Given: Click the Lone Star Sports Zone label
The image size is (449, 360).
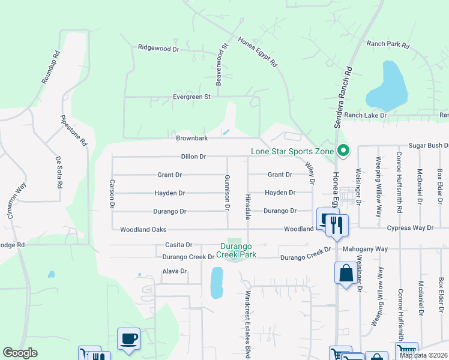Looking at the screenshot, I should [x=292, y=151].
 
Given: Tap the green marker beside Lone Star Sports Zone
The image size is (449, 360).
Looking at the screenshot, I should [x=343, y=151].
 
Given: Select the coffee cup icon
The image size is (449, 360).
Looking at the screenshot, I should [x=129, y=338].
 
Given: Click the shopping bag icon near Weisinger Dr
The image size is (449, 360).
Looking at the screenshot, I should [x=346, y=273].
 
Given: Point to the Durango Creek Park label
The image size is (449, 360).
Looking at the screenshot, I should [x=237, y=250].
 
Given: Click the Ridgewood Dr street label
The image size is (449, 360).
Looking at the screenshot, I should [x=158, y=47].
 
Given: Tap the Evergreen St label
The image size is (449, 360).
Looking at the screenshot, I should [x=192, y=97].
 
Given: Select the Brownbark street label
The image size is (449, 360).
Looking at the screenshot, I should [x=191, y=138].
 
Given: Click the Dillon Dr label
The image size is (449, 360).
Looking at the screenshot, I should [x=193, y=157].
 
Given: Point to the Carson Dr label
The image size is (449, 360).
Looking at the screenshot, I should [x=112, y=193].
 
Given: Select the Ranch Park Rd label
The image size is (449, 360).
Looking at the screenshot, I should [x=388, y=45].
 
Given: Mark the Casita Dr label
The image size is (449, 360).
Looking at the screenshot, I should [x=178, y=245].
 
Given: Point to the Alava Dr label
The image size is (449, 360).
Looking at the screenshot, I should [x=175, y=271].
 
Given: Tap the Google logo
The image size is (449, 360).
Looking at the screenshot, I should [x=20, y=353].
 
